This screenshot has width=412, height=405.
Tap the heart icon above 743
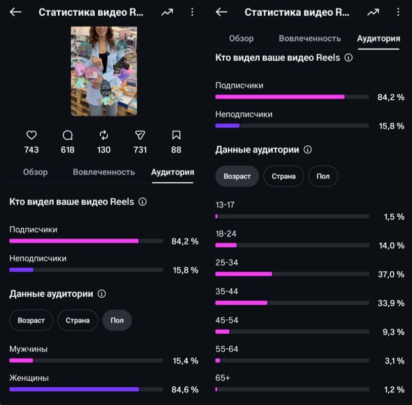point(31,135)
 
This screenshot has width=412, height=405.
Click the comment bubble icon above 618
point(67,135)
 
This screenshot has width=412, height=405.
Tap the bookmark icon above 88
point(176,135)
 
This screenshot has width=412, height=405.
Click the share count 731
point(140,150)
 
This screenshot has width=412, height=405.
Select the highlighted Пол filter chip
point(117,320)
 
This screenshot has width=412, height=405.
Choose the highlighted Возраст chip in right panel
point(237,176)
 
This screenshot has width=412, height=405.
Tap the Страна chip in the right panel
point(283,176)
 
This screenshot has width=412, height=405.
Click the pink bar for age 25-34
point(244,274)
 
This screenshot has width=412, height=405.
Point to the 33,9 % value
point(391,303)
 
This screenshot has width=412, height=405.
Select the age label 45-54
point(227,320)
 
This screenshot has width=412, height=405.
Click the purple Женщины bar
point(74,389)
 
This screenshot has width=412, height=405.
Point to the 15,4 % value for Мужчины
point(186,361)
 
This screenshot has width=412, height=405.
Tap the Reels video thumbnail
point(104,71)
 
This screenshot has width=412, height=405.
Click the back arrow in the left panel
point(16,12)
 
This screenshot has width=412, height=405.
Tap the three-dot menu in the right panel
point(398,12)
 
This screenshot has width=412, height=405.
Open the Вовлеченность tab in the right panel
point(310,38)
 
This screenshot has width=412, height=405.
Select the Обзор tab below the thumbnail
point(35,172)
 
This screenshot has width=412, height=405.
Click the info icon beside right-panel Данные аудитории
point(308,149)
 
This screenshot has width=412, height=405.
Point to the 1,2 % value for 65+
point(394,389)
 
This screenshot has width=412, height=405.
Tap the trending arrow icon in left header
point(167,12)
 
